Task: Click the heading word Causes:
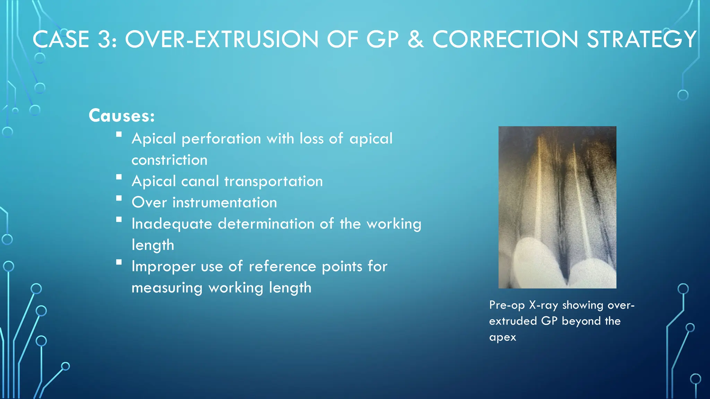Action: [x=121, y=116]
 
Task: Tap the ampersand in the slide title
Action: [x=416, y=39]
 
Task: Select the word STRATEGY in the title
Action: [x=641, y=39]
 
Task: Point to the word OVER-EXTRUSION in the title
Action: [x=222, y=39]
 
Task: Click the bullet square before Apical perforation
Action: [x=119, y=134]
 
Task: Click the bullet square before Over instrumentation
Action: [x=119, y=198]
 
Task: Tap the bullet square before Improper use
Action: [x=119, y=262]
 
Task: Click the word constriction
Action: [x=169, y=160]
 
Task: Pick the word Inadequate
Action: [x=172, y=224]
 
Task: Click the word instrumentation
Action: [x=225, y=203]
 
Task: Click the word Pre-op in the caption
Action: [x=506, y=305]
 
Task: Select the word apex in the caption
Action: [x=502, y=337]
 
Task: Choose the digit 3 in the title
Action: [x=104, y=39]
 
